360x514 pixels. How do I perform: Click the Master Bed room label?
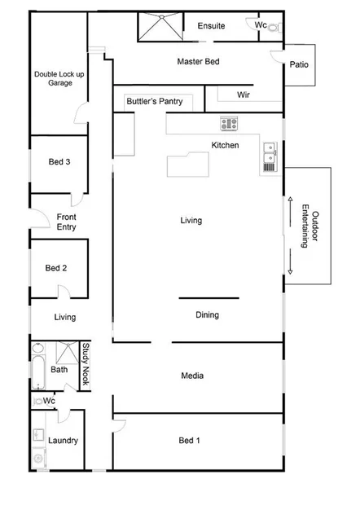199,61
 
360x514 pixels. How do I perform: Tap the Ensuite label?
211,26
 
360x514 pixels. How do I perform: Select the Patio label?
298,68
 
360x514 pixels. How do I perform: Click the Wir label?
243,95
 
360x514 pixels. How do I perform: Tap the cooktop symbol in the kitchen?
229,124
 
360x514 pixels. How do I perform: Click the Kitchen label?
225,145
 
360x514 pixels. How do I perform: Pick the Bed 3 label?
59,162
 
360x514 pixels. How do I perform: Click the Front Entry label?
66,222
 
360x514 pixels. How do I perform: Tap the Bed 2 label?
55,268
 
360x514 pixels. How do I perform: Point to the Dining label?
207,315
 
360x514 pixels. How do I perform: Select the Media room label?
192,376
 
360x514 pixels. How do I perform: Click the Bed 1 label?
189,441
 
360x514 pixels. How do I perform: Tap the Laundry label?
63,441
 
